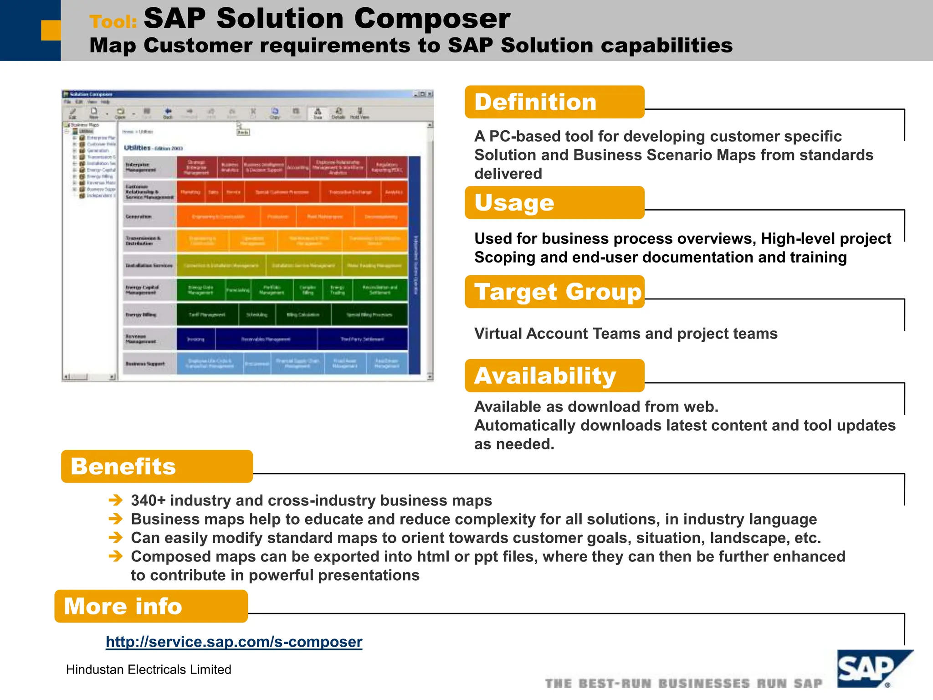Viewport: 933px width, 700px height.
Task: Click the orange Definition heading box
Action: coord(554,102)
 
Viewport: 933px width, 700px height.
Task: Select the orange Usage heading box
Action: coord(554,203)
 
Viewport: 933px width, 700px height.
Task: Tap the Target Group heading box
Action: coord(554,292)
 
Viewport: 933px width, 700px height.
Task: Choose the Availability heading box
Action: coord(554,376)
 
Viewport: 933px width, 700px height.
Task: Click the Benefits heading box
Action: coord(157,467)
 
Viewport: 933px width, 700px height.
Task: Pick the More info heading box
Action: coord(151,607)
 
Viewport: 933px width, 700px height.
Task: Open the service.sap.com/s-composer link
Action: coord(234,642)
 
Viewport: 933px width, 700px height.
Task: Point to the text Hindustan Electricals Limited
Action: coord(149,669)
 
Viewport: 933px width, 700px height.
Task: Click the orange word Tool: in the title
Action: coord(113,22)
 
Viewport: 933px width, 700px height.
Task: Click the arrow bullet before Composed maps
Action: coord(116,556)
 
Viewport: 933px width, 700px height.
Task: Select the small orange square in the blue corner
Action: coord(51,30)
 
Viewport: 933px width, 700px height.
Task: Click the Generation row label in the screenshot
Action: coord(138,216)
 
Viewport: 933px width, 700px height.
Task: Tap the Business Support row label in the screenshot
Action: coord(145,364)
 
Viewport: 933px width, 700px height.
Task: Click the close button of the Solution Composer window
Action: coord(430,94)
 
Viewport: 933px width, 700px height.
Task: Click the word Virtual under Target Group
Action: coord(497,334)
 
